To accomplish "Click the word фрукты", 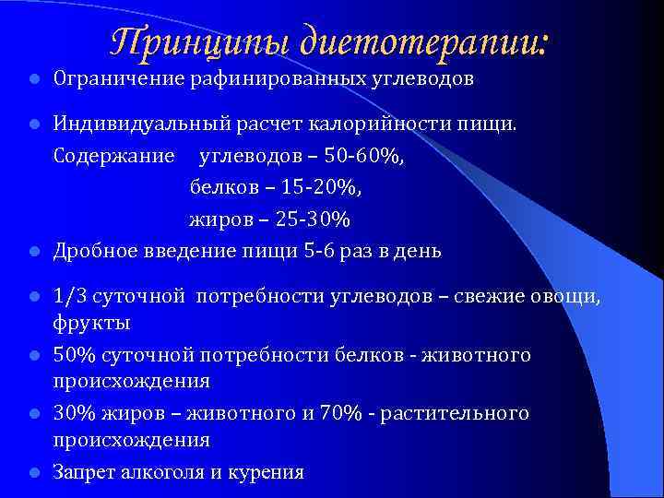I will (x=91, y=324).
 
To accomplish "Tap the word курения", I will (x=268, y=472).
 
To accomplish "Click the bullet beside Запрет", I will (x=32, y=472).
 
